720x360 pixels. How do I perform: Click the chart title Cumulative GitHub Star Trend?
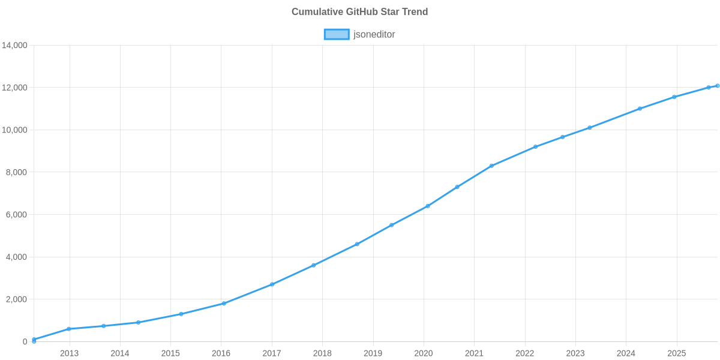pyautogui.click(x=359, y=12)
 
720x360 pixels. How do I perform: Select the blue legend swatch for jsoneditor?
pyautogui.click(x=336, y=34)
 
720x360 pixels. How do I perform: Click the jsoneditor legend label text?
pyautogui.click(x=374, y=34)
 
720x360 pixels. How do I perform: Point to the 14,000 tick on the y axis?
pyautogui.click(x=15, y=46)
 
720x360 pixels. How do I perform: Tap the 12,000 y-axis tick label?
pyautogui.click(x=15, y=88)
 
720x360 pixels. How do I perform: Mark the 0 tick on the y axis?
pyautogui.click(x=25, y=342)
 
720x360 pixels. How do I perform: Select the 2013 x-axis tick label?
pyautogui.click(x=69, y=353)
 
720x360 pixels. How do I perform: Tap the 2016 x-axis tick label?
pyautogui.click(x=221, y=353)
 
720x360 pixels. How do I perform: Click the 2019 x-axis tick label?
pyautogui.click(x=373, y=353)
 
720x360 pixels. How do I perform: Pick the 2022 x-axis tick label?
pyautogui.click(x=524, y=353)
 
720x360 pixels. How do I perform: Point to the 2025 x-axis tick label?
pyautogui.click(x=676, y=353)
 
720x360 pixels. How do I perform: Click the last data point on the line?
pyautogui.click(x=717, y=86)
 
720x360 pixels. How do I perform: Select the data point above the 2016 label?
pyautogui.click(x=224, y=303)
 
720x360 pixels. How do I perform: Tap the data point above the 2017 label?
pyautogui.click(x=272, y=284)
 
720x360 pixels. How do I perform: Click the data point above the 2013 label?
pyautogui.click(x=69, y=329)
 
